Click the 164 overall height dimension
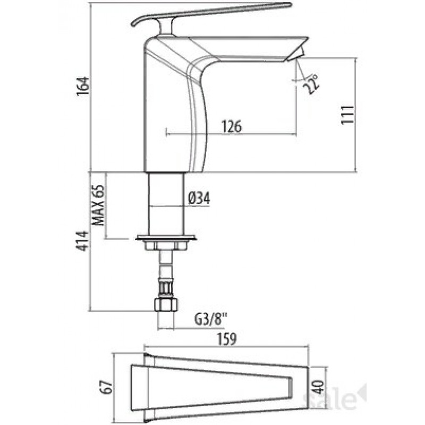[x=83, y=86]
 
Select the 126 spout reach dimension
[x=231, y=126]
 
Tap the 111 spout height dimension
[x=347, y=114]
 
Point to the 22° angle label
[x=311, y=84]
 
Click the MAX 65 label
[x=98, y=205]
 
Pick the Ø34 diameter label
[x=199, y=198]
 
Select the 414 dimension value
[x=82, y=241]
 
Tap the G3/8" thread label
[x=210, y=320]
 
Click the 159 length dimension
[x=227, y=339]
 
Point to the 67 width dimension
[x=106, y=387]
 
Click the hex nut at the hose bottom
[x=166, y=304]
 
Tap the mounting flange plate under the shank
[x=166, y=238]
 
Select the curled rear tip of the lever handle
[x=135, y=23]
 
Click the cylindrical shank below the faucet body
[x=166, y=204]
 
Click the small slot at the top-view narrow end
[x=290, y=387]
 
